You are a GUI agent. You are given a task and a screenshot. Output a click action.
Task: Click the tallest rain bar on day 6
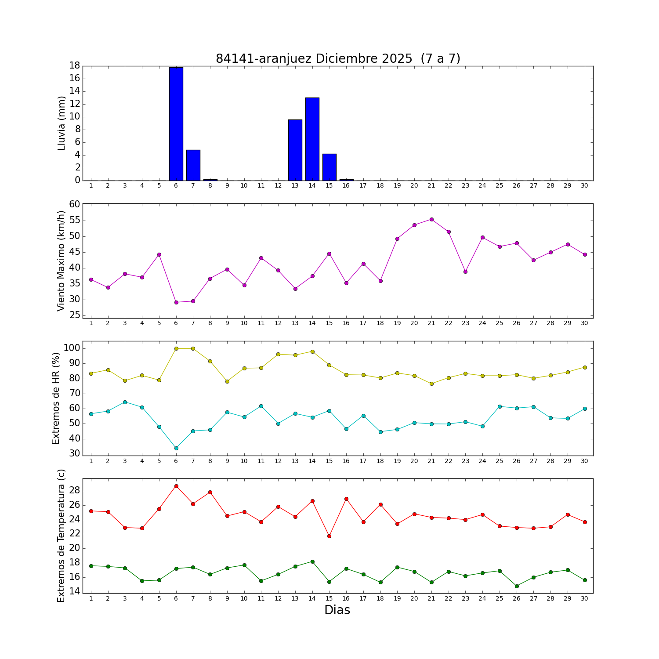176,124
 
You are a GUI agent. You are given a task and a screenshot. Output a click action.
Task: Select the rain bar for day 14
312,139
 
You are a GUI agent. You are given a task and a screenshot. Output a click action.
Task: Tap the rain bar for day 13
295,150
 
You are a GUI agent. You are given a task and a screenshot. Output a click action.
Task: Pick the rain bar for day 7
193,165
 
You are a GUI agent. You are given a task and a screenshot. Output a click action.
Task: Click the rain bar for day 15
329,167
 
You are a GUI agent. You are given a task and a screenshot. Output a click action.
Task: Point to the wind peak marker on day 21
431,219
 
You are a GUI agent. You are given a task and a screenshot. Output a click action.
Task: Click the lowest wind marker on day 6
176,302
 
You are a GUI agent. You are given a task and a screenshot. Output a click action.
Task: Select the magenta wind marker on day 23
465,272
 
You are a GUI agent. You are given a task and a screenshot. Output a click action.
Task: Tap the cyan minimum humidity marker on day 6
176,448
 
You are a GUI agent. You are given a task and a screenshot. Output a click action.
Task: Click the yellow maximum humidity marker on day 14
312,351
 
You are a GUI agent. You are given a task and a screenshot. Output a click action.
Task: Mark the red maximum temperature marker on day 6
176,486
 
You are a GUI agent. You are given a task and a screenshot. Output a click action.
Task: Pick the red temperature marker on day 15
329,536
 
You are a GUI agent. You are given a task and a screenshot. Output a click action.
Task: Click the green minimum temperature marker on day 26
517,586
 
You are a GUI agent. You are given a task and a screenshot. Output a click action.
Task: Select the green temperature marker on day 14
312,561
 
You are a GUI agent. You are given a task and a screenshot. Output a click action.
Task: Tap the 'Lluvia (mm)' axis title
62,123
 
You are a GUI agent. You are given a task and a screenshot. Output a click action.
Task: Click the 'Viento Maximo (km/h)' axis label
62,261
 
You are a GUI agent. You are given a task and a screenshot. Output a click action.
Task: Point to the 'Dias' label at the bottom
337,610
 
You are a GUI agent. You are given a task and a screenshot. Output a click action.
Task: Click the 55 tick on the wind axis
74,221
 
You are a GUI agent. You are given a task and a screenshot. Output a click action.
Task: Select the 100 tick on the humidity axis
72,348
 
